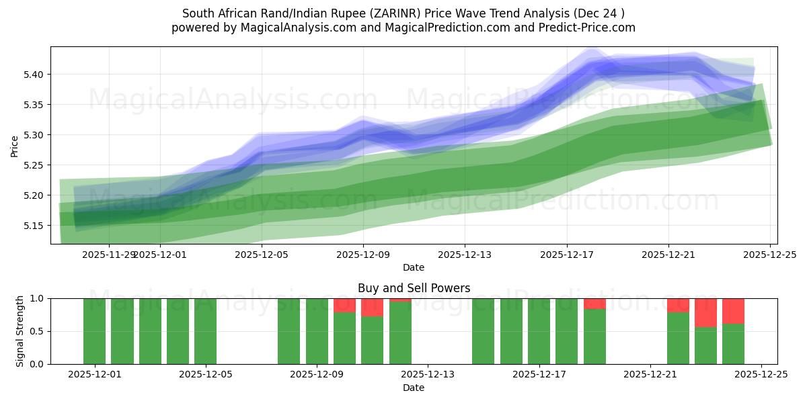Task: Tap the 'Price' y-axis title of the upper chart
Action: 15,146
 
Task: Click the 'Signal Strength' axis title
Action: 20,331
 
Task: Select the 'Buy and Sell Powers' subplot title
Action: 414,288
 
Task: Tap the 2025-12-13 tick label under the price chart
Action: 464,255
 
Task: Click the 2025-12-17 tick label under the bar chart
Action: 539,375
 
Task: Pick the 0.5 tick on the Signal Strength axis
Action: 36,331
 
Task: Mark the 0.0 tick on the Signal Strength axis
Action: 36,364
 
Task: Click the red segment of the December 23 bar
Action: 705,312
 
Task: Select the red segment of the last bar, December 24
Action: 733,311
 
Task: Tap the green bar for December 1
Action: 94,331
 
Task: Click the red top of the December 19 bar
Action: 594,304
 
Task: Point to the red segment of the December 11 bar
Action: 372,308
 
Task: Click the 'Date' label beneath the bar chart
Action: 414,388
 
